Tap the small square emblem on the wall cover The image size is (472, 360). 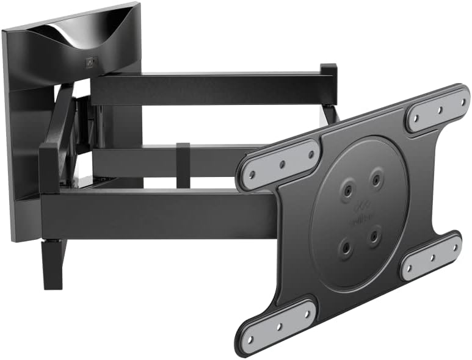click(92, 62)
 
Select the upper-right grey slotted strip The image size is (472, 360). click(438, 108)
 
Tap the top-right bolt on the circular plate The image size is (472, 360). click(376, 179)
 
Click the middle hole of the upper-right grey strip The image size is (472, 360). click(439, 108)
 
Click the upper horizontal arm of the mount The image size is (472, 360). click(208, 89)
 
